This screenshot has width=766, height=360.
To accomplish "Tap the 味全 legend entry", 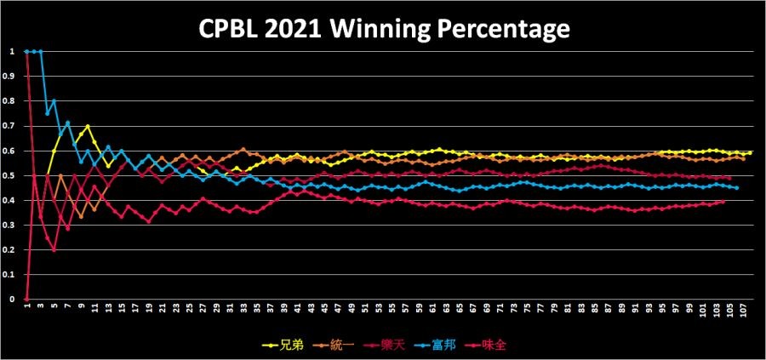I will (487, 346).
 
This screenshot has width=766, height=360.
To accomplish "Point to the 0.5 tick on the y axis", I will (11, 175).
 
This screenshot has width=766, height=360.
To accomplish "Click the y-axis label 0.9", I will (11, 76).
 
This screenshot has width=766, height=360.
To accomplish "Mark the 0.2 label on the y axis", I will (11, 250).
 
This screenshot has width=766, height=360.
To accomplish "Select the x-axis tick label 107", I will (743, 312).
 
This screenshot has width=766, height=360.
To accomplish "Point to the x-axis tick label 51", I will (364, 311).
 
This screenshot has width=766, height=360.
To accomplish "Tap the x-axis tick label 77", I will (540, 311).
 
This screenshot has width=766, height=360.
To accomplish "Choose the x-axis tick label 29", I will (216, 311).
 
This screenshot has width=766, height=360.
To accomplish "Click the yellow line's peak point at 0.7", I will (88, 126).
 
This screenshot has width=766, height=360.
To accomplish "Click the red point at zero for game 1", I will (26, 300).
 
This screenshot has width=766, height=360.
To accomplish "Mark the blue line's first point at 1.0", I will (26, 51).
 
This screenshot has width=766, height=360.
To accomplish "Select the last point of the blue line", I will (736, 187).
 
